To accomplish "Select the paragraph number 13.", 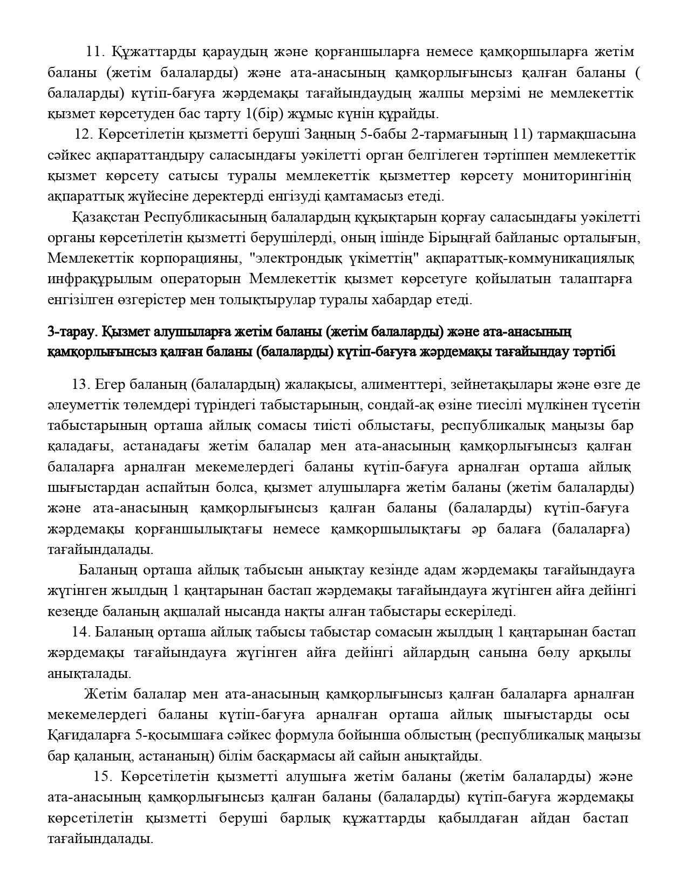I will coord(80,384).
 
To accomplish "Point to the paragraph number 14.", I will coord(80,631).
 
